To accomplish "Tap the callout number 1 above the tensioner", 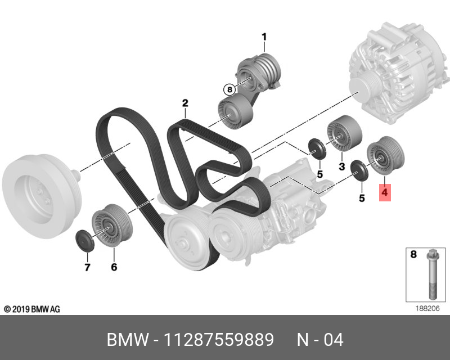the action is pos(263,38).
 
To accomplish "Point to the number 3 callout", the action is pos(341,166).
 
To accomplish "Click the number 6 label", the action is pos(114,267).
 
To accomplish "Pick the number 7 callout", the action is pos(87,267).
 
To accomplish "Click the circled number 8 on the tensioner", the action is pos(228,89).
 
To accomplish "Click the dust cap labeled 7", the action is pos(83,239).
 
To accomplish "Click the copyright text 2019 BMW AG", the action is pos(31,309).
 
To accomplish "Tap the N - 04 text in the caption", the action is pos(319,340).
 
